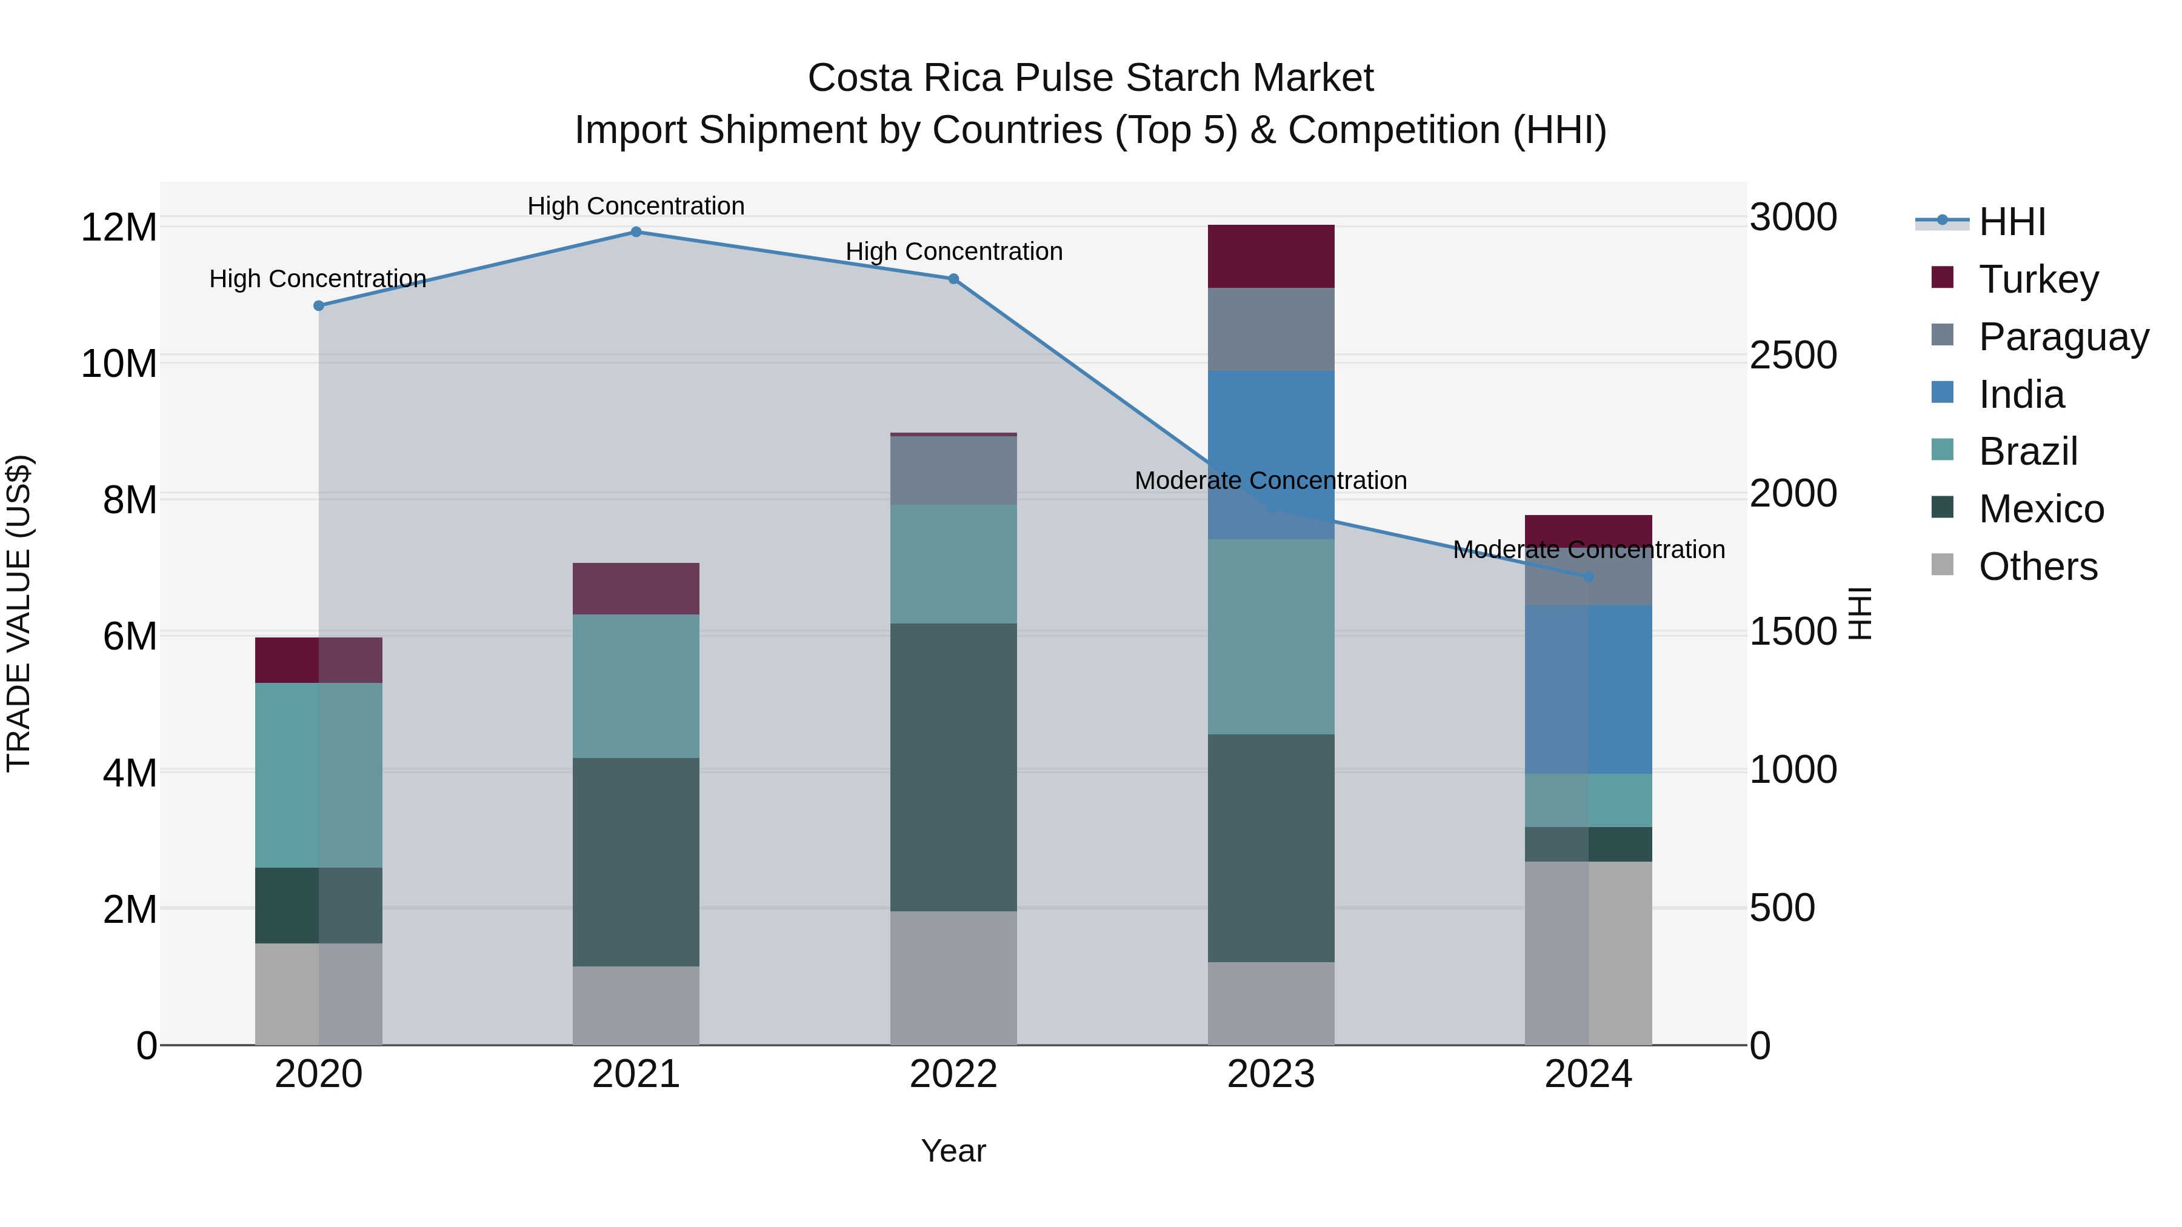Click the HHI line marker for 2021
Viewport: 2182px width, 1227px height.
(x=636, y=231)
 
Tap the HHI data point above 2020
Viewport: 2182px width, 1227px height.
(x=318, y=306)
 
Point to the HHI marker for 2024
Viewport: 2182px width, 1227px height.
(x=1588, y=577)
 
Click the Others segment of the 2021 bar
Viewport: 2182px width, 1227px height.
(x=636, y=1005)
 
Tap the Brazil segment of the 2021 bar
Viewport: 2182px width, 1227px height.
(x=636, y=685)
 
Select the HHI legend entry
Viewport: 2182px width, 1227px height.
(x=2012, y=222)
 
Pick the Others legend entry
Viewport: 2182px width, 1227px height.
(x=2037, y=567)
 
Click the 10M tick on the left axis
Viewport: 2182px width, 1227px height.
(x=119, y=364)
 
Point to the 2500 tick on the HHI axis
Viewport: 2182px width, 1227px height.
(x=1793, y=355)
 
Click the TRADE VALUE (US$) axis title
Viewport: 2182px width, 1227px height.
(x=19, y=613)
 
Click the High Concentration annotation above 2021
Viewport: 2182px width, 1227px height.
(x=636, y=206)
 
